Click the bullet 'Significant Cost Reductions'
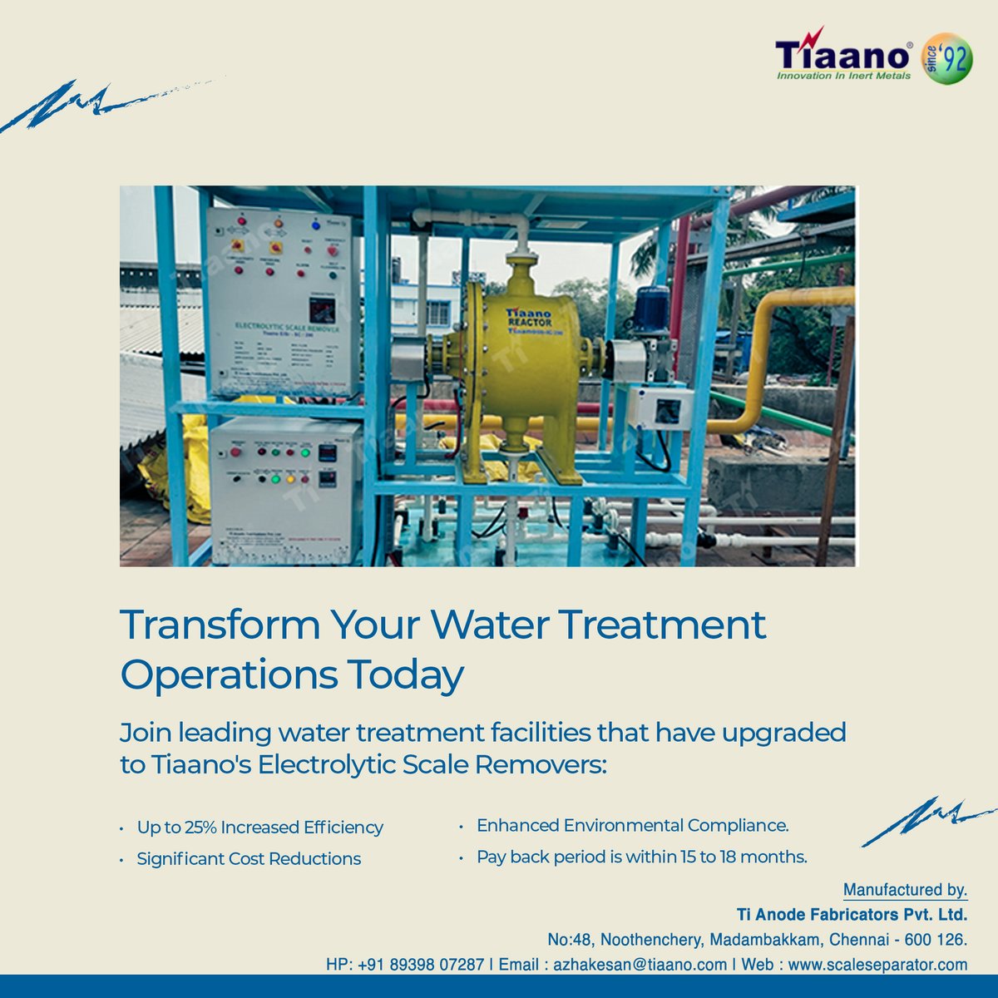click(x=249, y=859)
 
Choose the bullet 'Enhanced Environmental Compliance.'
click(x=632, y=826)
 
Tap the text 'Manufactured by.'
click(x=905, y=890)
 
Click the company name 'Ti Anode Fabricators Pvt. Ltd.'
click(x=852, y=915)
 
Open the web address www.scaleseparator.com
click(x=877, y=965)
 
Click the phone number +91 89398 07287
click(x=421, y=965)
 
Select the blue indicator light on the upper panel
click(x=316, y=225)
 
